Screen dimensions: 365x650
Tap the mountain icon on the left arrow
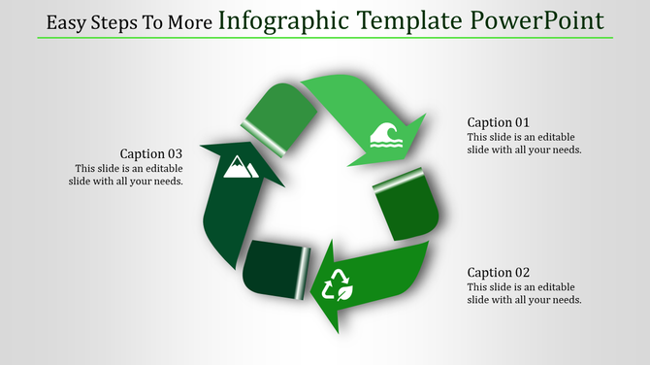pos(239,168)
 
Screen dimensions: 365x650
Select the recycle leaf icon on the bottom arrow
pos(338,285)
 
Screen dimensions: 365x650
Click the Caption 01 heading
pos(498,122)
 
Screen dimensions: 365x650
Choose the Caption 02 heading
pos(498,273)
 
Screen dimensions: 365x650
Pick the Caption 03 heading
pos(150,153)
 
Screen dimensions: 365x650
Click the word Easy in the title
pos(66,22)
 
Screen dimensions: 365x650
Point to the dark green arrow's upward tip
pos(234,147)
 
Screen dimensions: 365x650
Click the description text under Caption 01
pos(524,144)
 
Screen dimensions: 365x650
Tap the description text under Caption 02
pos(524,294)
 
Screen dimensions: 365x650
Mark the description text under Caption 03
pos(128,175)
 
